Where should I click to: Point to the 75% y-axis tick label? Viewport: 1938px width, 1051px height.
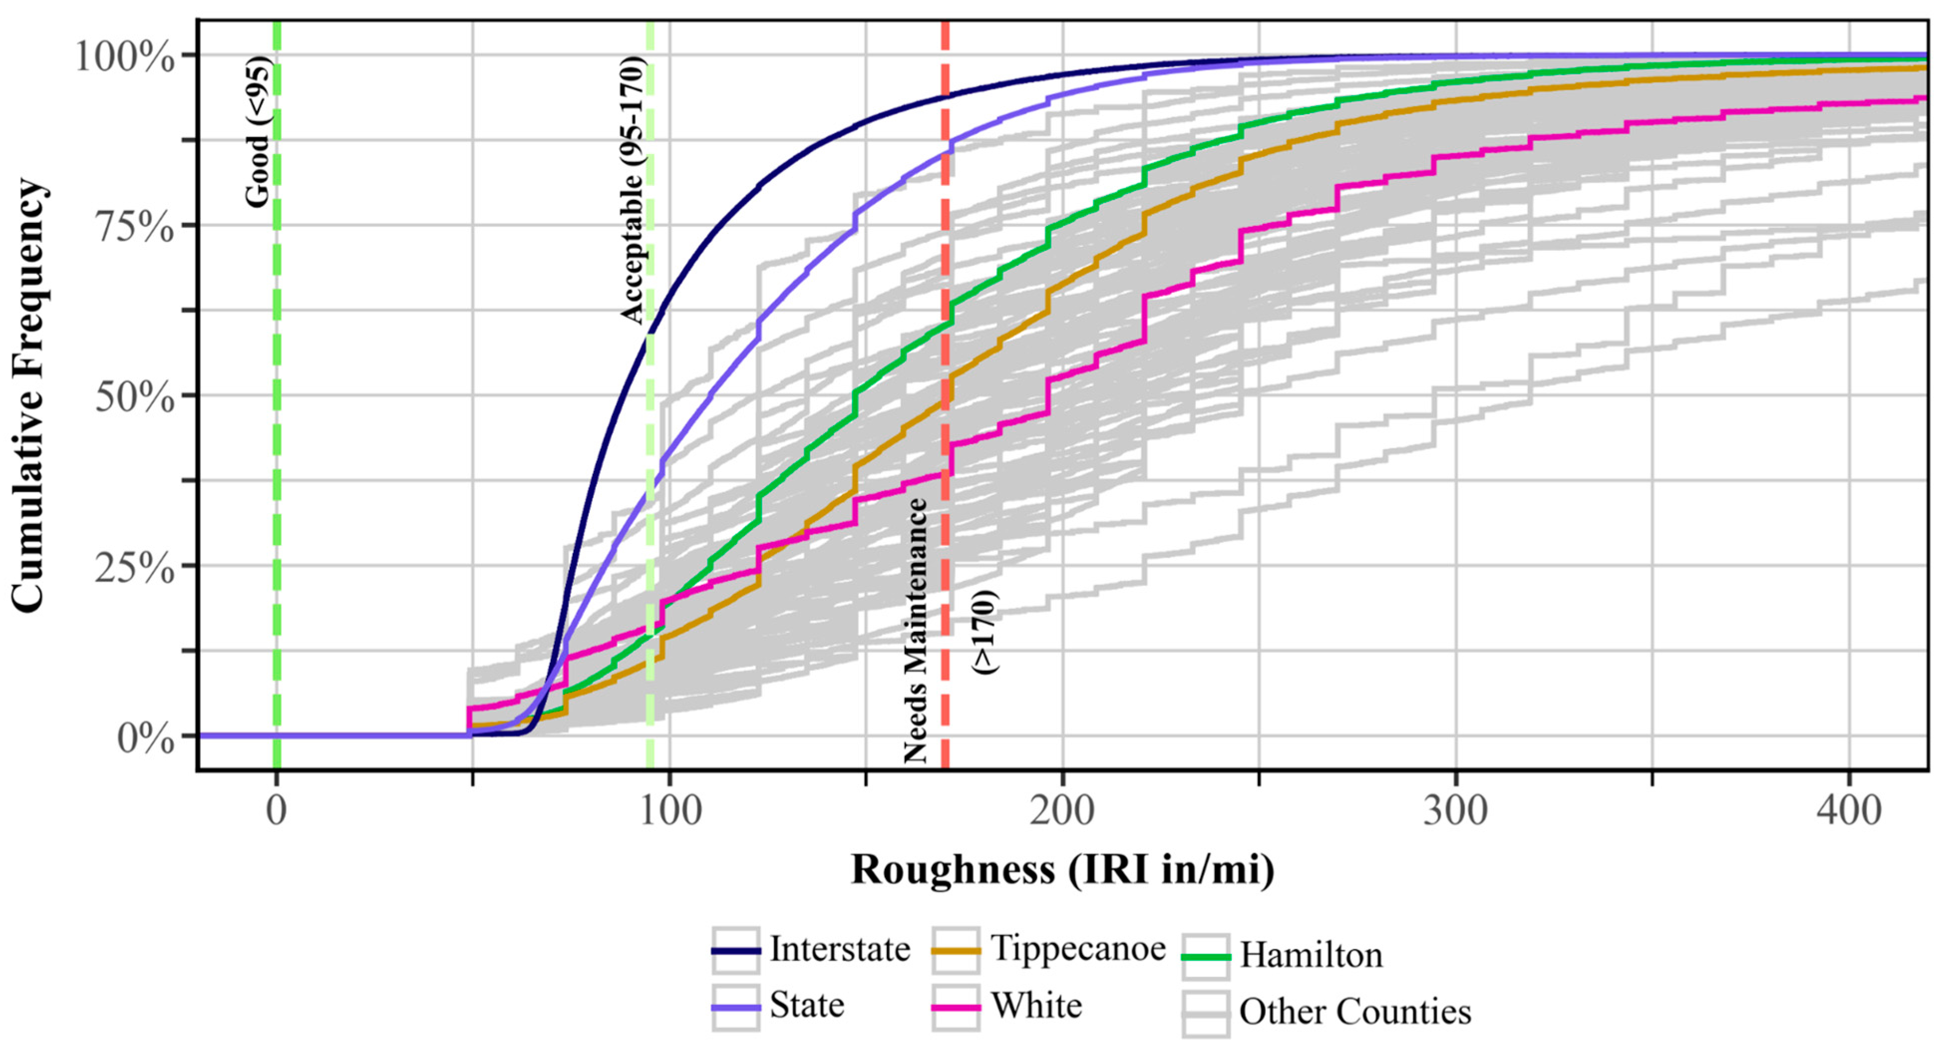click(135, 226)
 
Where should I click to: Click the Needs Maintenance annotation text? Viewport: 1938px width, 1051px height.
click(916, 630)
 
